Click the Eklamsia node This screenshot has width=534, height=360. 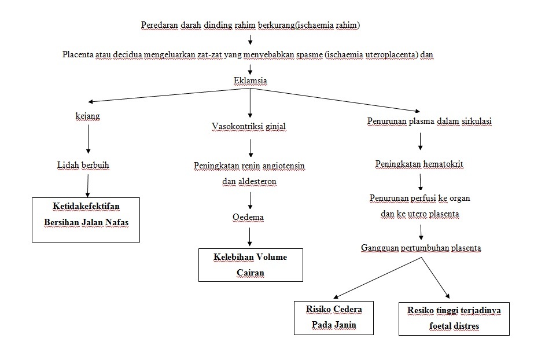tap(250, 81)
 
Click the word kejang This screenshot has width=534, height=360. tap(88, 116)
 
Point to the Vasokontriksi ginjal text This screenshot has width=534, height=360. tap(249, 126)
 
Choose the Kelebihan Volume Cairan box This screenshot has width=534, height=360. tap(250, 265)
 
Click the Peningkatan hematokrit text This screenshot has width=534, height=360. tap(419, 164)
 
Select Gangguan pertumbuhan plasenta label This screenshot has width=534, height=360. tap(421, 248)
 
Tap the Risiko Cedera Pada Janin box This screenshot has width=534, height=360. tap(333, 317)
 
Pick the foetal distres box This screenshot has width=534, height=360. tap(454, 318)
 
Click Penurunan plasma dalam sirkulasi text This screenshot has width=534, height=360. tap(429, 122)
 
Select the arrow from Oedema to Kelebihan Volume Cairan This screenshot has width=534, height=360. tap(250, 236)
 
